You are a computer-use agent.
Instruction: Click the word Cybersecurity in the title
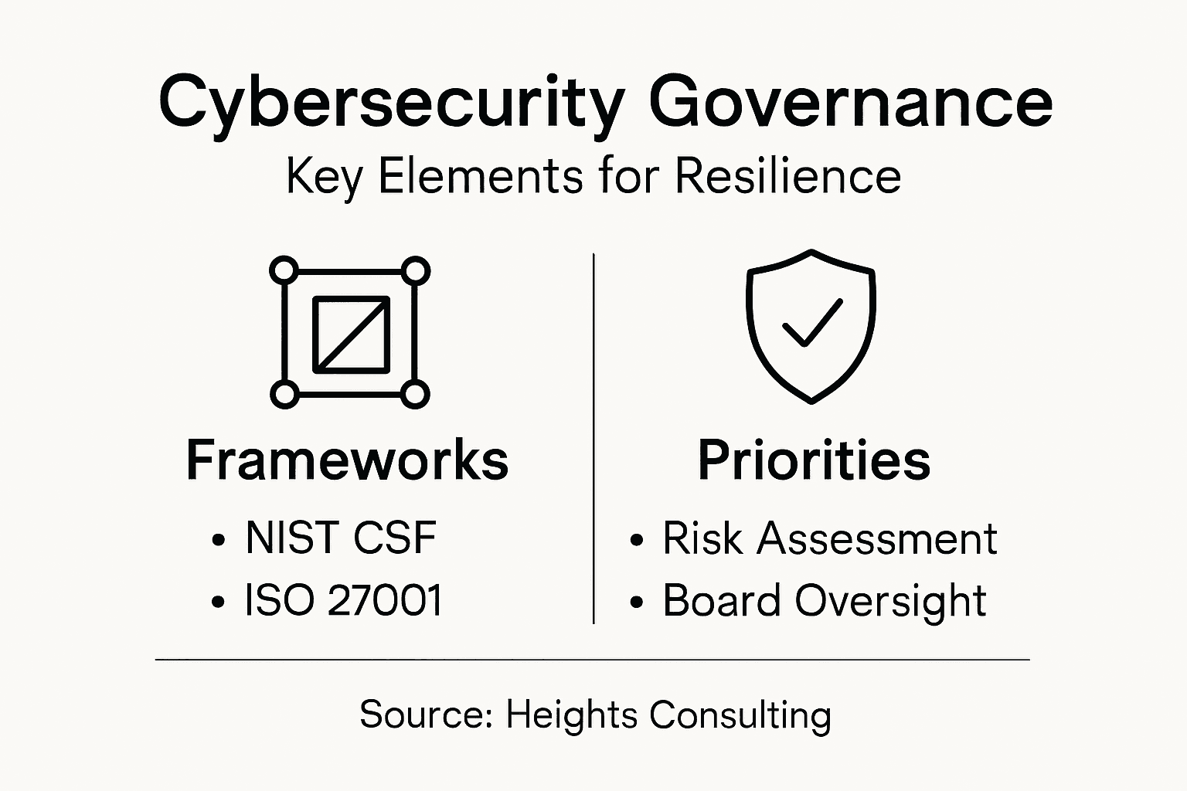tap(391, 106)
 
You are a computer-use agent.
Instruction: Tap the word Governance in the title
tap(851, 102)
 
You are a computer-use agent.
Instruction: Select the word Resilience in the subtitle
tap(787, 175)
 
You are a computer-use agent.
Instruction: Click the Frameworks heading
tap(347, 460)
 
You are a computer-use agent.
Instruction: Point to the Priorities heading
tap(814, 460)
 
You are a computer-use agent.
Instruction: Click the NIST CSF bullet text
tap(341, 537)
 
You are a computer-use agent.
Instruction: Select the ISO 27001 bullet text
tap(342, 599)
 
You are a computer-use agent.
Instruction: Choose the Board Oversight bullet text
tap(824, 601)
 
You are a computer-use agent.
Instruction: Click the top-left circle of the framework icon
tap(284, 270)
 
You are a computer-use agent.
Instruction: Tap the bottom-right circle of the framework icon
tap(415, 395)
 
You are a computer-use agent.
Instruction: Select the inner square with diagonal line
tap(352, 334)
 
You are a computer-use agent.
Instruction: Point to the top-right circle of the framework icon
tap(416, 271)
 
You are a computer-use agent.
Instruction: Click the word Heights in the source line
tap(572, 716)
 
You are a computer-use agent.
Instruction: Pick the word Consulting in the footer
tap(740, 716)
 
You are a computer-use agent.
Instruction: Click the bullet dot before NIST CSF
tap(219, 540)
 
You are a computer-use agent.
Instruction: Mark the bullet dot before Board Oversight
tap(637, 603)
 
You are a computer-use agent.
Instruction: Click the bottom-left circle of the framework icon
tap(284, 394)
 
